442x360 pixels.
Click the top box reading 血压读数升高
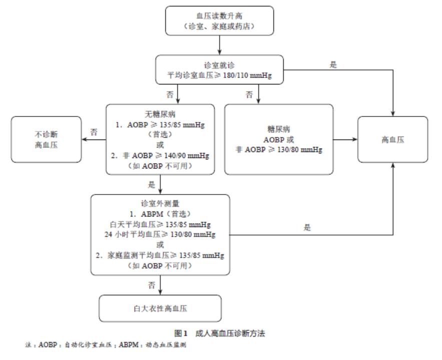pyautogui.click(x=220, y=21)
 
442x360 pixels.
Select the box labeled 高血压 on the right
pyautogui.click(x=392, y=139)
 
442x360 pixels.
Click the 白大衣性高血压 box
pyautogui.click(x=160, y=308)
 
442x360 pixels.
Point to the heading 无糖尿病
pyautogui.click(x=160, y=114)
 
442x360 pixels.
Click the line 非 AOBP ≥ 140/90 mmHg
pyautogui.click(x=160, y=156)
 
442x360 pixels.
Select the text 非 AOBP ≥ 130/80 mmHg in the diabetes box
pyautogui.click(x=279, y=148)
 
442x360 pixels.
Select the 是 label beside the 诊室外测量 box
pyautogui.click(x=306, y=227)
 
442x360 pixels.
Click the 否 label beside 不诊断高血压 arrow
pyautogui.click(x=93, y=132)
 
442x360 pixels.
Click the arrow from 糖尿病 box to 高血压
pyautogui.click(x=345, y=139)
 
